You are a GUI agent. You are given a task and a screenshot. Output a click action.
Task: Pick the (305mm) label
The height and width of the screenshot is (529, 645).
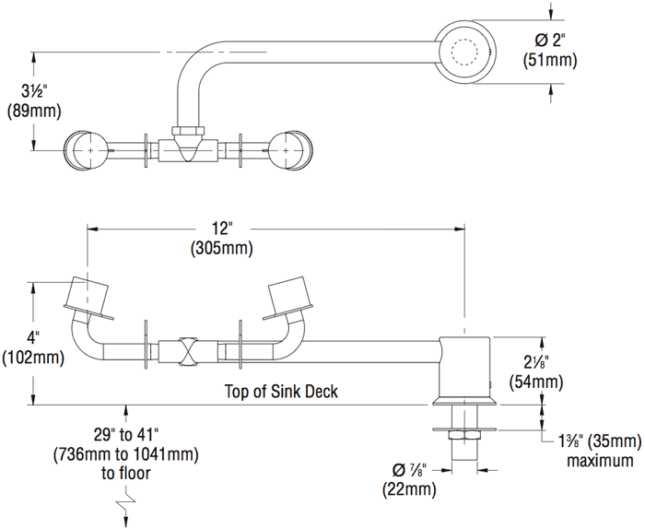point(221,248)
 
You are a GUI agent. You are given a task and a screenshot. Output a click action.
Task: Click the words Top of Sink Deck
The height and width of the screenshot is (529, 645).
point(281,391)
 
